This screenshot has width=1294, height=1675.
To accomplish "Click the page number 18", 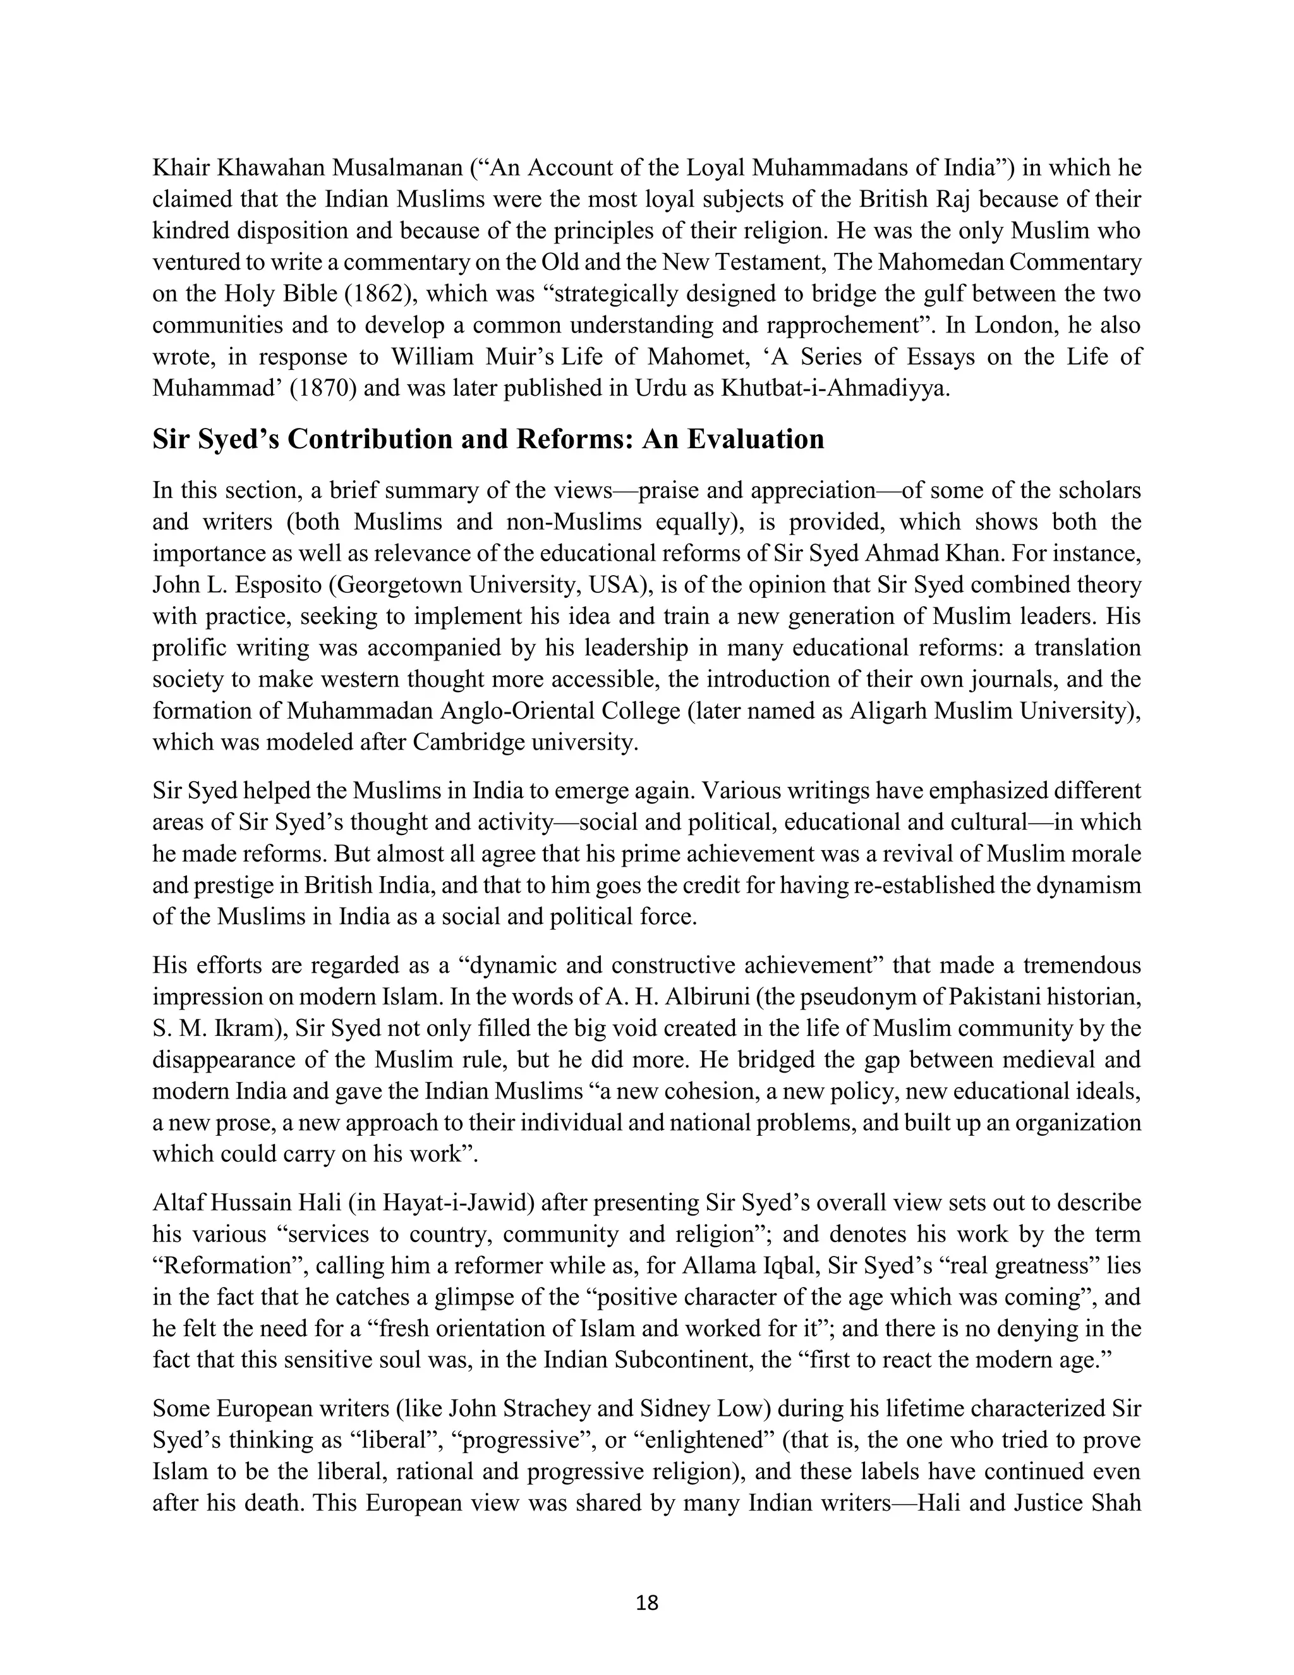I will pyautogui.click(x=647, y=1602).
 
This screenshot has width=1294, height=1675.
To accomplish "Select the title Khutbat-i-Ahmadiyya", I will pyautogui.click(x=834, y=389).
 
